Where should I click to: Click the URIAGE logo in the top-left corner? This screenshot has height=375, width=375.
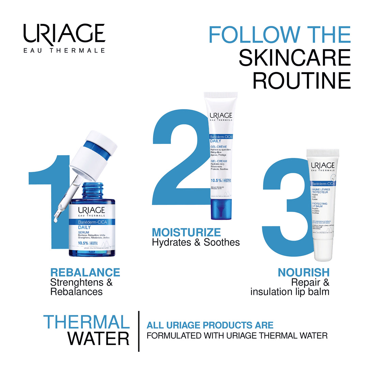(64, 37)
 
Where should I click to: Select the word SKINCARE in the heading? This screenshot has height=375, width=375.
(295, 58)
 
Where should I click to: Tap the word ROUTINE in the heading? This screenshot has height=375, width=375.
(301, 80)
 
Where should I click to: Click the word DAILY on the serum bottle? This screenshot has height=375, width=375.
(84, 227)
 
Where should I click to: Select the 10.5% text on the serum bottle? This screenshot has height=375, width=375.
(83, 243)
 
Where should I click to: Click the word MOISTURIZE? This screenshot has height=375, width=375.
(186, 232)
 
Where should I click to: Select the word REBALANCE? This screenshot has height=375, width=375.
(85, 272)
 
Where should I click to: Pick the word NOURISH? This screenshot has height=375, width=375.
(303, 272)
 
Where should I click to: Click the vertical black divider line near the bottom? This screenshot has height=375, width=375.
(139, 331)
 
